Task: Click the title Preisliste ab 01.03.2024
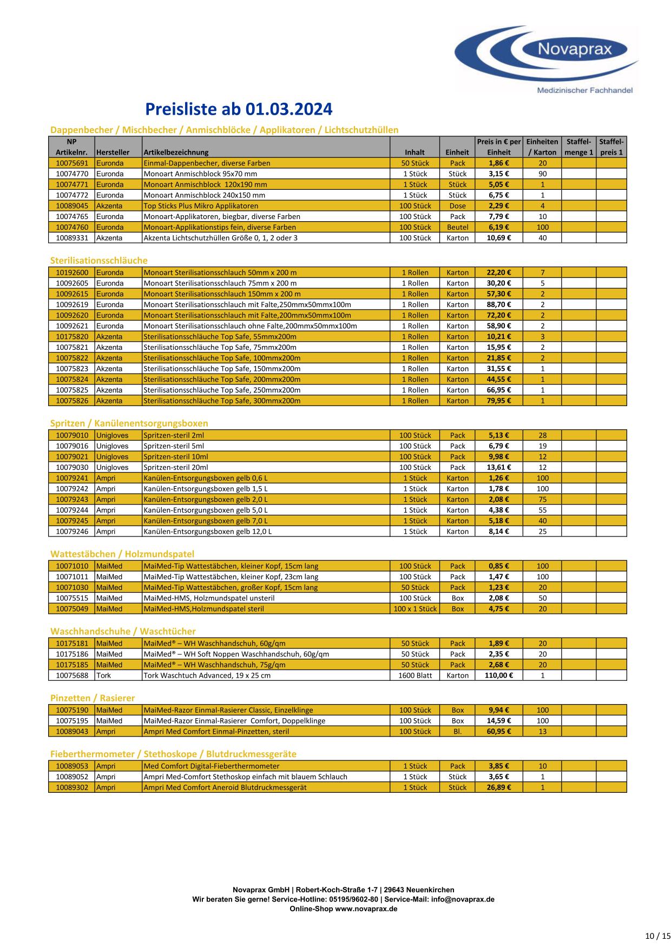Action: (239, 109)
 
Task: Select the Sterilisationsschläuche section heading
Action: (98, 260)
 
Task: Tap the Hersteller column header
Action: (113, 152)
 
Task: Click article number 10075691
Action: (71, 163)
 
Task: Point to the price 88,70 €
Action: (499, 304)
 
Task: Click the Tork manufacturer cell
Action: (103, 675)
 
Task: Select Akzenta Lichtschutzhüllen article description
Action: (220, 237)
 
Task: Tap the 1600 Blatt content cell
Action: (415, 675)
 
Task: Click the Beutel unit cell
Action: (457, 227)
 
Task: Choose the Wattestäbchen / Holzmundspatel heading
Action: (122, 554)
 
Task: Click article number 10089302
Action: (71, 787)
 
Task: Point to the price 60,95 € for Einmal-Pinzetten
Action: (499, 731)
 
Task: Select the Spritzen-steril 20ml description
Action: (175, 467)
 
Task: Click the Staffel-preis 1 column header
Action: (611, 147)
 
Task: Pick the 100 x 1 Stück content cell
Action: (415, 608)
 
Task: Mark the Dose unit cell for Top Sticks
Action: (457, 205)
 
